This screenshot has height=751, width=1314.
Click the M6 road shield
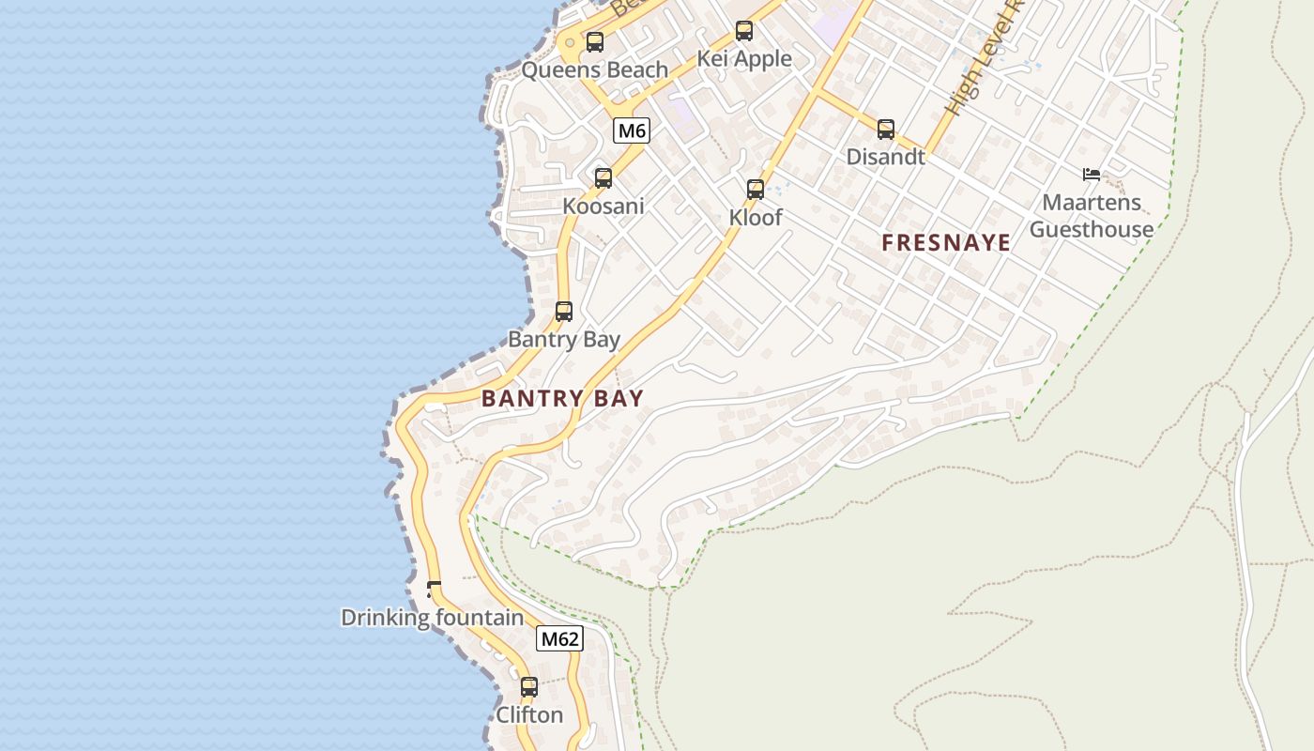point(632,130)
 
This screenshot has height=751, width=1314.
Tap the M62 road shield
point(559,639)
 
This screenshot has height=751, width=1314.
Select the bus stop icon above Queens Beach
point(594,42)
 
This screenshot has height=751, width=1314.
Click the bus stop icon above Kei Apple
point(744,31)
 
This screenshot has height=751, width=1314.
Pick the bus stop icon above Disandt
point(886,130)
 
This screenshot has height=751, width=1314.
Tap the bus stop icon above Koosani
point(604,178)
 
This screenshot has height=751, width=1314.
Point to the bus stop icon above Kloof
point(756,190)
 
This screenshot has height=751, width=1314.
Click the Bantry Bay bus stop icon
point(564,312)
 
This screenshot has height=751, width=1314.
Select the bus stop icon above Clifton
point(529,687)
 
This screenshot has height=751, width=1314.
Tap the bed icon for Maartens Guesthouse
point(1092,175)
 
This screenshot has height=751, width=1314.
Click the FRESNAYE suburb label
point(946,243)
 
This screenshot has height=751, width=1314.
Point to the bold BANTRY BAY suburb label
point(562,398)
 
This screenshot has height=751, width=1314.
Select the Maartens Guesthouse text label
point(1092,216)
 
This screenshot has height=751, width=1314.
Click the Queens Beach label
point(595,70)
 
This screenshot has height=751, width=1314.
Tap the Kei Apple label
point(744,59)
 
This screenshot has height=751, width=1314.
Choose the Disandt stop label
point(886,157)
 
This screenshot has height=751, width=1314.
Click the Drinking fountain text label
point(432,618)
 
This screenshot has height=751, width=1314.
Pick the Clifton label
point(529,715)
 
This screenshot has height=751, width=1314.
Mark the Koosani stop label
point(604,206)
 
